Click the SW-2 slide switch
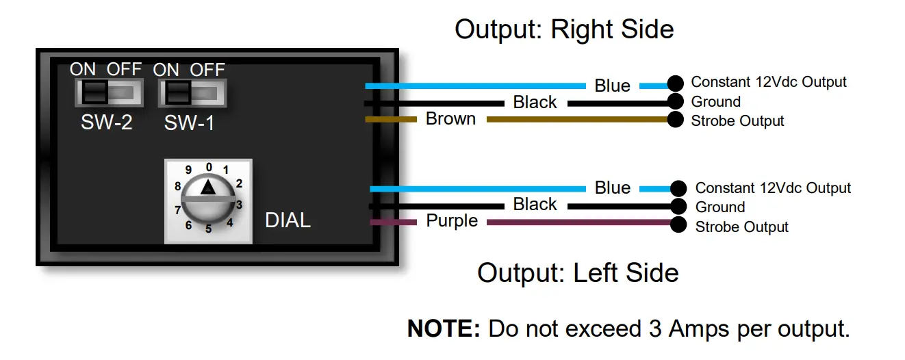(109, 92)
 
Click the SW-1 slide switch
(192, 92)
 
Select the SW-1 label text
(189, 123)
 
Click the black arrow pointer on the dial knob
(207, 187)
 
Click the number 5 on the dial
(208, 229)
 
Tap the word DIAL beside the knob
(288, 220)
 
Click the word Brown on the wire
(450, 119)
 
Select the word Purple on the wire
(452, 221)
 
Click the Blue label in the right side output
(612, 86)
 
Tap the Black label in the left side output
(535, 205)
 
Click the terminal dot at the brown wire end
(676, 120)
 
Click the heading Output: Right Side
(564, 29)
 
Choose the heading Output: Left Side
(578, 272)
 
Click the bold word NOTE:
(444, 329)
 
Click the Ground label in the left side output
(719, 207)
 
